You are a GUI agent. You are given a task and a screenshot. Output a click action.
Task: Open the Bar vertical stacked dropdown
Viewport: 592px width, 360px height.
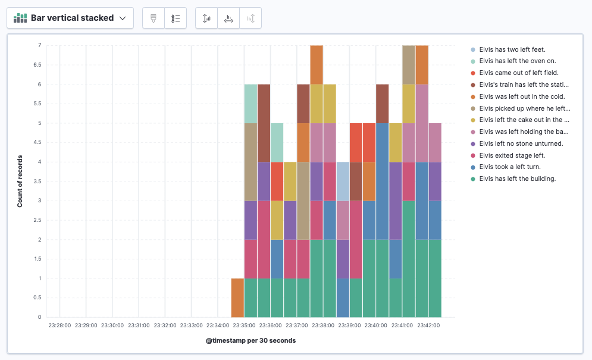click(x=70, y=18)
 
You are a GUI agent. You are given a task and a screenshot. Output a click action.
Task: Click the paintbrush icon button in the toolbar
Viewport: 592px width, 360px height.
click(x=154, y=18)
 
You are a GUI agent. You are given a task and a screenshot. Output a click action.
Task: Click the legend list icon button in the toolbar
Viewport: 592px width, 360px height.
click(x=176, y=18)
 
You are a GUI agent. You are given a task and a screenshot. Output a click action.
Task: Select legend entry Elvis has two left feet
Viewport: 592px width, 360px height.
click(x=512, y=49)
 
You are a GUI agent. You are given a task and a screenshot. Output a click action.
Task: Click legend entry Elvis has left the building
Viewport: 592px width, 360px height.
click(x=517, y=179)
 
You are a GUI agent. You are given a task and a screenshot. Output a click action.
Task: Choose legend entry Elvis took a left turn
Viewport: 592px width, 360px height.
click(x=509, y=167)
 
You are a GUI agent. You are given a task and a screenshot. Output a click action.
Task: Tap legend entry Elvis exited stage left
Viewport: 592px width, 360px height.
click(x=512, y=155)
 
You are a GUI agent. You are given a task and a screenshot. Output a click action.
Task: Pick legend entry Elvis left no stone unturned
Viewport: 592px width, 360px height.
click(x=521, y=143)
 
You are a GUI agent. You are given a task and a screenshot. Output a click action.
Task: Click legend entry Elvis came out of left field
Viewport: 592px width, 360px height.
click(x=519, y=73)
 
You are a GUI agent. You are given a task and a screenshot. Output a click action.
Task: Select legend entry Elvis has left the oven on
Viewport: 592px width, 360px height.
click(x=518, y=61)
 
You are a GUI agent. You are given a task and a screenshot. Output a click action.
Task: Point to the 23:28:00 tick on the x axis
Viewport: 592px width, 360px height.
click(x=59, y=325)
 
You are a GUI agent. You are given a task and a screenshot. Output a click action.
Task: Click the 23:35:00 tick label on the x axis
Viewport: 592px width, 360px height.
click(x=244, y=325)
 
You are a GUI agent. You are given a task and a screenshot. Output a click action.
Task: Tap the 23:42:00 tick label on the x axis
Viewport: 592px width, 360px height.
click(x=428, y=325)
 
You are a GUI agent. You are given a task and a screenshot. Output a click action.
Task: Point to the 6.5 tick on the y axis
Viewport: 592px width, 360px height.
click(x=36, y=65)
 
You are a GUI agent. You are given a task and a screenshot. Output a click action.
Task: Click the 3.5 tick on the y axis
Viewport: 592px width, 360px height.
click(x=36, y=181)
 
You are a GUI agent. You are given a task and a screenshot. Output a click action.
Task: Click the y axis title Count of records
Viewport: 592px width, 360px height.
click(x=20, y=181)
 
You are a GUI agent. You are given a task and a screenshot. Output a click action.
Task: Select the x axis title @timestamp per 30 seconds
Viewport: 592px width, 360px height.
click(x=250, y=341)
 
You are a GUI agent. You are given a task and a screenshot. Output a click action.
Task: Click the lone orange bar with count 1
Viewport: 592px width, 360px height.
click(x=237, y=298)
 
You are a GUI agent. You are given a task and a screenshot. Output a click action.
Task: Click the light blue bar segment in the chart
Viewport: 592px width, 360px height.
click(x=343, y=181)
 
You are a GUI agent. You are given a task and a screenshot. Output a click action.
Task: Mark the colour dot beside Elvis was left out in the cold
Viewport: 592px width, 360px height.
click(x=473, y=96)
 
